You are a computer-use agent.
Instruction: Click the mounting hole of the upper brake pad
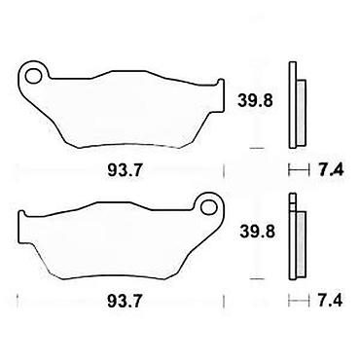(x=34, y=76)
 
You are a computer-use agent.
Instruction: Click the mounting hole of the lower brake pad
(x=208, y=206)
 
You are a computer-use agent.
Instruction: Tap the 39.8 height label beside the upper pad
(x=255, y=100)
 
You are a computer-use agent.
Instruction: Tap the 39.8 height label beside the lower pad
(x=257, y=232)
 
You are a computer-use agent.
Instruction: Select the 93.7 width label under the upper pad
(x=125, y=170)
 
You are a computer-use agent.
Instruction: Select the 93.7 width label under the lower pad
(x=125, y=302)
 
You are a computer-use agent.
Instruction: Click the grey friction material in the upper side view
(x=301, y=113)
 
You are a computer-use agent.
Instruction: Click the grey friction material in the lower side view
(x=301, y=244)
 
